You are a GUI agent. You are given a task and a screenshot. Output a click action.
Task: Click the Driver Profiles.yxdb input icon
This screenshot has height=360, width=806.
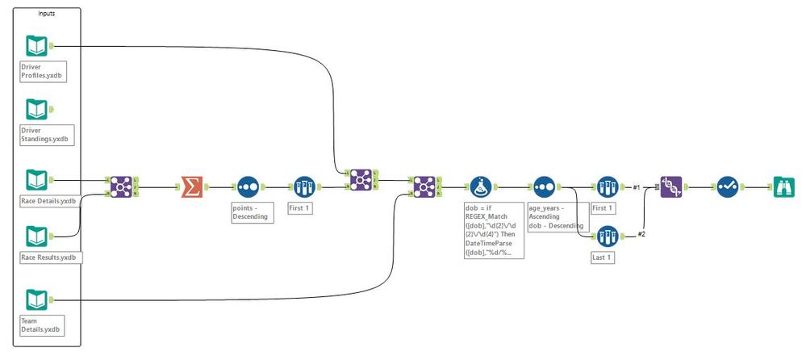(36, 46)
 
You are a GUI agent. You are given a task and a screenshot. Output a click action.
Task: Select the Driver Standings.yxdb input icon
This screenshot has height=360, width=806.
(36, 110)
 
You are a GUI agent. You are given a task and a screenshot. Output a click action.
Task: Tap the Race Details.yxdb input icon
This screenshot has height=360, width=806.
(36, 180)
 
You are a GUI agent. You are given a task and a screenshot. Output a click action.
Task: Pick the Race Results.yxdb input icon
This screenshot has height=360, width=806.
(36, 237)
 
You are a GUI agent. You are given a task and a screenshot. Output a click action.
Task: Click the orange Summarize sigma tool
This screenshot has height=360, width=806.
(192, 187)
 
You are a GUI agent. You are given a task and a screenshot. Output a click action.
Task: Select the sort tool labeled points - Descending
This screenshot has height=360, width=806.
(247, 187)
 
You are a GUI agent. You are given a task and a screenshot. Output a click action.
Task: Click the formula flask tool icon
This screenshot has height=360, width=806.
(481, 187)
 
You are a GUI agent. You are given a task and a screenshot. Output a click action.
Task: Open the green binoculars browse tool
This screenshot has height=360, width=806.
(783, 187)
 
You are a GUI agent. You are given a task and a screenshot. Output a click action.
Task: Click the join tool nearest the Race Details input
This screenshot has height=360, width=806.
(121, 187)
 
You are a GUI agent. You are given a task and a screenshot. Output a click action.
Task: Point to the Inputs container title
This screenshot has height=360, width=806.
(47, 14)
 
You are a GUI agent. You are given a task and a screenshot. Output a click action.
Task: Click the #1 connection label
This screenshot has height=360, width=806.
(637, 188)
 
